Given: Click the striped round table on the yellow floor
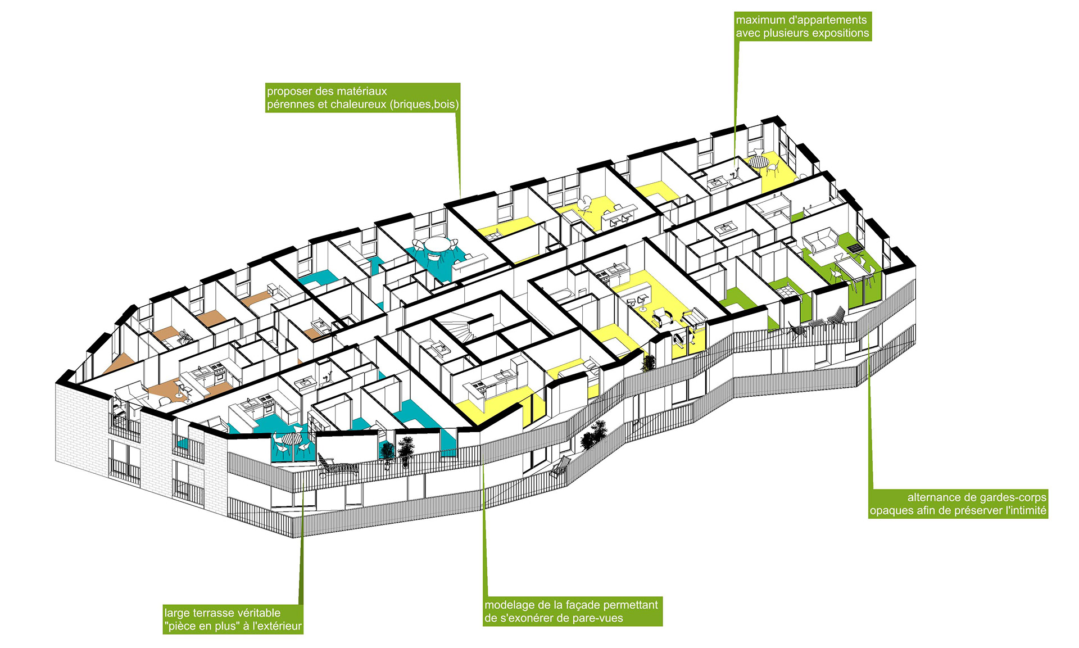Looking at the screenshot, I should pyautogui.click(x=759, y=162).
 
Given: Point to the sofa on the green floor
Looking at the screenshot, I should pyautogui.click(x=822, y=241).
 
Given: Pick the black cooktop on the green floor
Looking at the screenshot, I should pyautogui.click(x=854, y=247).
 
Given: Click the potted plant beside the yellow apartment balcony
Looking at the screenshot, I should pyautogui.click(x=649, y=362).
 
